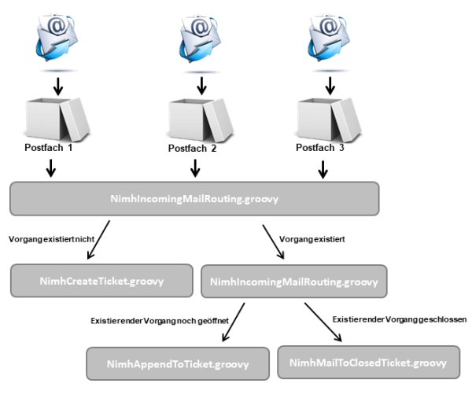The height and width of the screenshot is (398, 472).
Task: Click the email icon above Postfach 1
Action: click(57, 38)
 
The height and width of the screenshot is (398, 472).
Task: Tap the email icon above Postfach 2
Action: click(200, 39)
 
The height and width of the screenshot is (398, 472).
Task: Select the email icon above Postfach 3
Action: click(329, 38)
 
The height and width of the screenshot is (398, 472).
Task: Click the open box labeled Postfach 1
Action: click(57, 120)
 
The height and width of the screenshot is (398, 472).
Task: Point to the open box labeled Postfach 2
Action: click(200, 120)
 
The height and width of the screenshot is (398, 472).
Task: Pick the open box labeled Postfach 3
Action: click(329, 120)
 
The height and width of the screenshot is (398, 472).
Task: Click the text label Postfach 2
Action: click(192, 149)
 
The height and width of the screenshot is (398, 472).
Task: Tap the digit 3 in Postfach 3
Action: click(341, 148)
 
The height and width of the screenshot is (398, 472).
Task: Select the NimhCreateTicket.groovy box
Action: click(101, 281)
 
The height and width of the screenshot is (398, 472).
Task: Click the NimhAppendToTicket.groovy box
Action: click(178, 364)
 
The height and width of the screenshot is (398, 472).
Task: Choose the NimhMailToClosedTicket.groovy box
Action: click(369, 363)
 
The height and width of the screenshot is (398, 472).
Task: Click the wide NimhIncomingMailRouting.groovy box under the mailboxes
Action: click(194, 199)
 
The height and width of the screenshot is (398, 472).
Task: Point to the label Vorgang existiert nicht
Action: click(51, 239)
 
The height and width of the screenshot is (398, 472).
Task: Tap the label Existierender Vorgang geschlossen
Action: click(400, 319)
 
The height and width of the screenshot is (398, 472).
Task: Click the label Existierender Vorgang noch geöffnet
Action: click(160, 321)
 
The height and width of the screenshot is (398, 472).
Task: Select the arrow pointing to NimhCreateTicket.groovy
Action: click(98, 240)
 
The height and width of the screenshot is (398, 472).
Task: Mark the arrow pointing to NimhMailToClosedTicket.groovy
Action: click(323, 322)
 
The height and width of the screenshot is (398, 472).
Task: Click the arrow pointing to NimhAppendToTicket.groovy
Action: click(234, 322)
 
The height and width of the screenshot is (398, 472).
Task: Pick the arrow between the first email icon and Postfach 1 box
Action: click(58, 87)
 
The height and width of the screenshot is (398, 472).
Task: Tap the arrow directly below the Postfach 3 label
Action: click(323, 170)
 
